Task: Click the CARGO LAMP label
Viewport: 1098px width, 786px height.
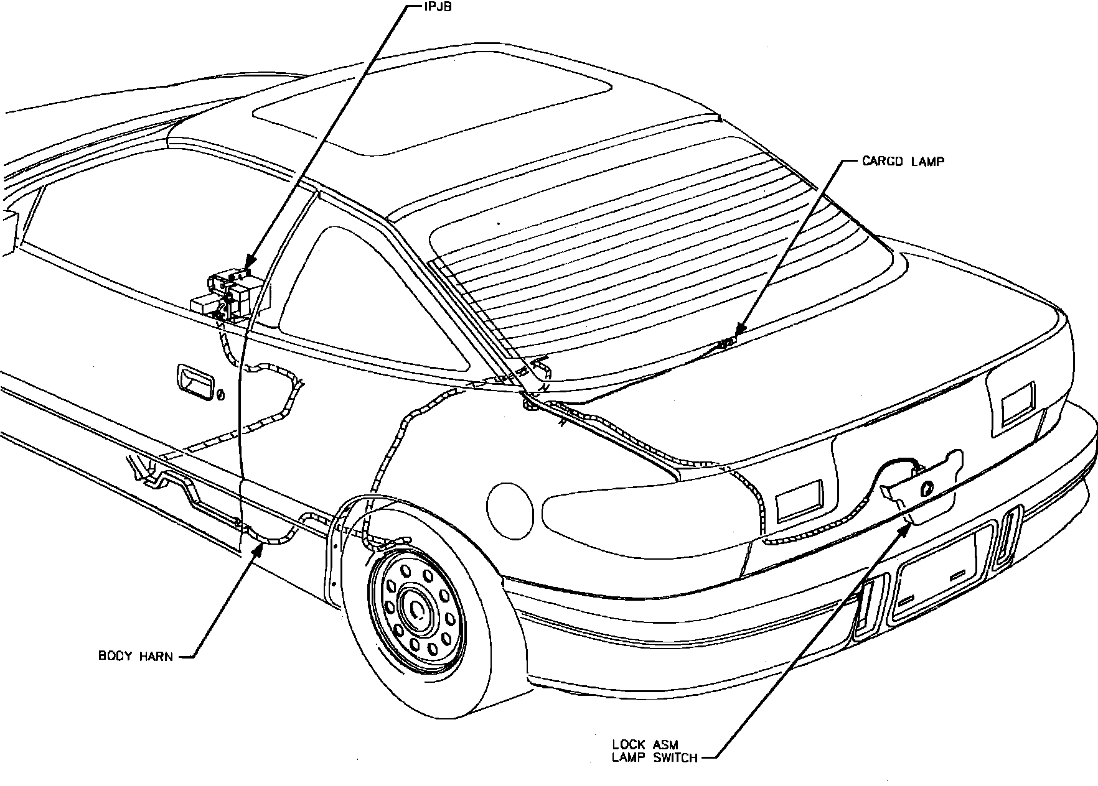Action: tap(903, 162)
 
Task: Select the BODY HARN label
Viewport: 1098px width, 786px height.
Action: tap(136, 655)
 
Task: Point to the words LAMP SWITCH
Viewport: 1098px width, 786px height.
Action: tap(654, 757)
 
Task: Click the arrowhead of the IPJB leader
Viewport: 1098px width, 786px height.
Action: tap(248, 267)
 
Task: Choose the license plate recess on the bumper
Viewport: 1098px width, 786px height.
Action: tap(934, 578)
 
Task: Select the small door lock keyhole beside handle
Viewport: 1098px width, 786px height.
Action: tap(220, 395)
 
